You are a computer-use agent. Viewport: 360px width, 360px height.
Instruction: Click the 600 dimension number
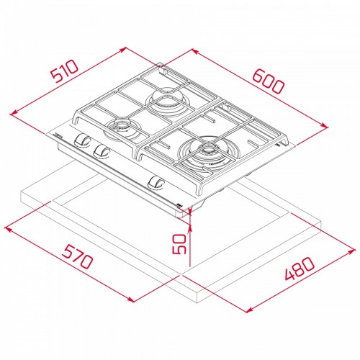[x=269, y=81]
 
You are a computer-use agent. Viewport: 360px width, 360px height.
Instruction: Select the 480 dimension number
[x=299, y=269]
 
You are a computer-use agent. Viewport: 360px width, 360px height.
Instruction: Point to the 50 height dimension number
[x=179, y=244]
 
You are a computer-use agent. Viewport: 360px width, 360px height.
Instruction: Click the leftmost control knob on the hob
[x=82, y=140]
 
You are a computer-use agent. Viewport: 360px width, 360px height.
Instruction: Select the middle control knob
[x=102, y=152]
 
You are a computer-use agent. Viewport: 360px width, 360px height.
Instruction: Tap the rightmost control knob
[x=156, y=184]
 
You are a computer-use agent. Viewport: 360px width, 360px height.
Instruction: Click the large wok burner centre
[x=208, y=152]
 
